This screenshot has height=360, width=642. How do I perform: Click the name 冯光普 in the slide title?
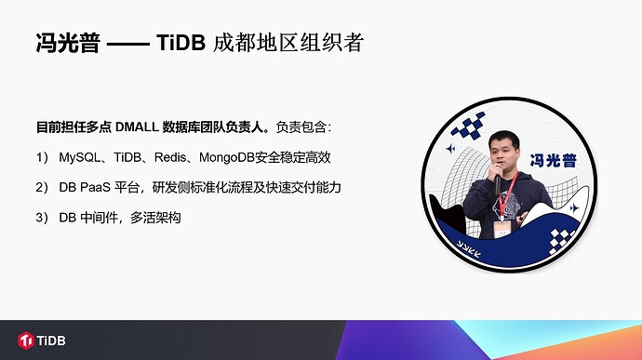click(x=67, y=43)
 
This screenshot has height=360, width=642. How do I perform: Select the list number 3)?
click(x=42, y=217)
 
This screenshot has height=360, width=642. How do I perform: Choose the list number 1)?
click(x=42, y=157)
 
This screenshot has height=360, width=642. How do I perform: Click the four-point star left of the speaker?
click(x=450, y=149)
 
